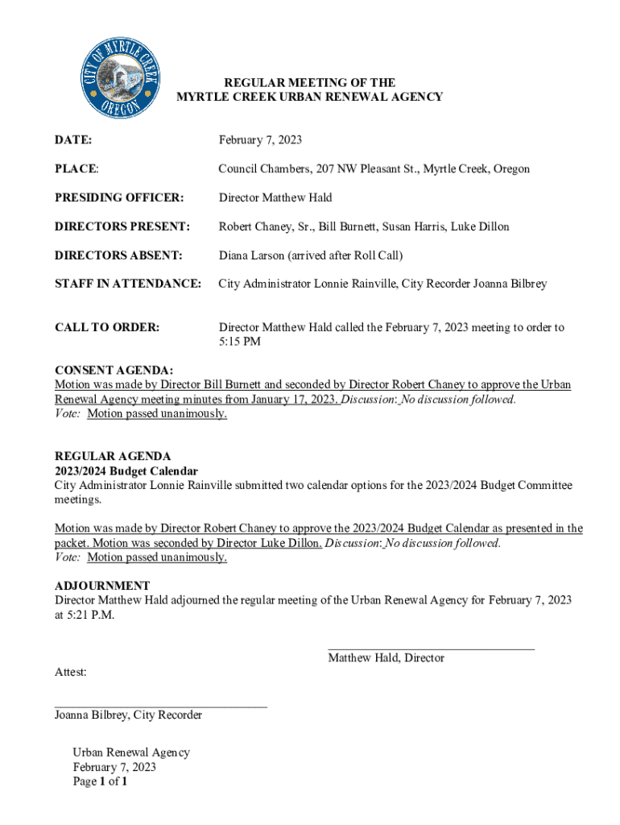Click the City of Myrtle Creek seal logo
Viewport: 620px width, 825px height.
pyautogui.click(x=122, y=78)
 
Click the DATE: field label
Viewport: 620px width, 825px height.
pyautogui.click(x=72, y=140)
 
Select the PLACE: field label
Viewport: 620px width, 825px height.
pyautogui.click(x=76, y=169)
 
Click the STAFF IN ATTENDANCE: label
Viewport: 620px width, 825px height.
pyautogui.click(x=127, y=284)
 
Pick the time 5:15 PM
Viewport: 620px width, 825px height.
pyautogui.click(x=240, y=342)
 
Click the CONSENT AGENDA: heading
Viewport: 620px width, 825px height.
pyautogui.click(x=114, y=370)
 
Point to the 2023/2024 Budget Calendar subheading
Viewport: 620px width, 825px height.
pyautogui.click(x=126, y=471)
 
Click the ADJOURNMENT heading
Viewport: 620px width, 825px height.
pyautogui.click(x=102, y=585)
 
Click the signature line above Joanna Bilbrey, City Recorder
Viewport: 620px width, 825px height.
pyautogui.click(x=160, y=706)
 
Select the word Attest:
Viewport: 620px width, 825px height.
pyautogui.click(x=71, y=672)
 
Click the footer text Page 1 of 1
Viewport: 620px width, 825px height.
pyautogui.click(x=101, y=781)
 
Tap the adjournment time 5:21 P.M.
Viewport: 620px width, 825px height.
pyautogui.click(x=93, y=615)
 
